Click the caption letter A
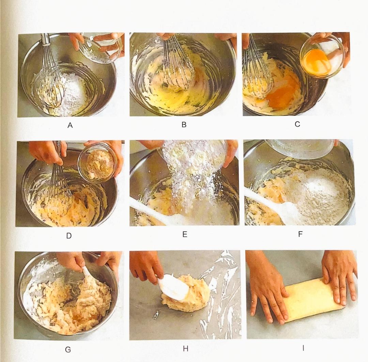[x=70, y=126]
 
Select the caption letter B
[x=184, y=125]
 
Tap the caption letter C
[x=297, y=124]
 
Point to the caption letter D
[x=69, y=236]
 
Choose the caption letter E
[x=185, y=234]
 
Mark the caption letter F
[x=300, y=234]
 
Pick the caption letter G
[x=68, y=350]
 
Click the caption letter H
[x=185, y=349]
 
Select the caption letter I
[x=303, y=348]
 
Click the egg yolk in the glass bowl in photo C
[x=317, y=61]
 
